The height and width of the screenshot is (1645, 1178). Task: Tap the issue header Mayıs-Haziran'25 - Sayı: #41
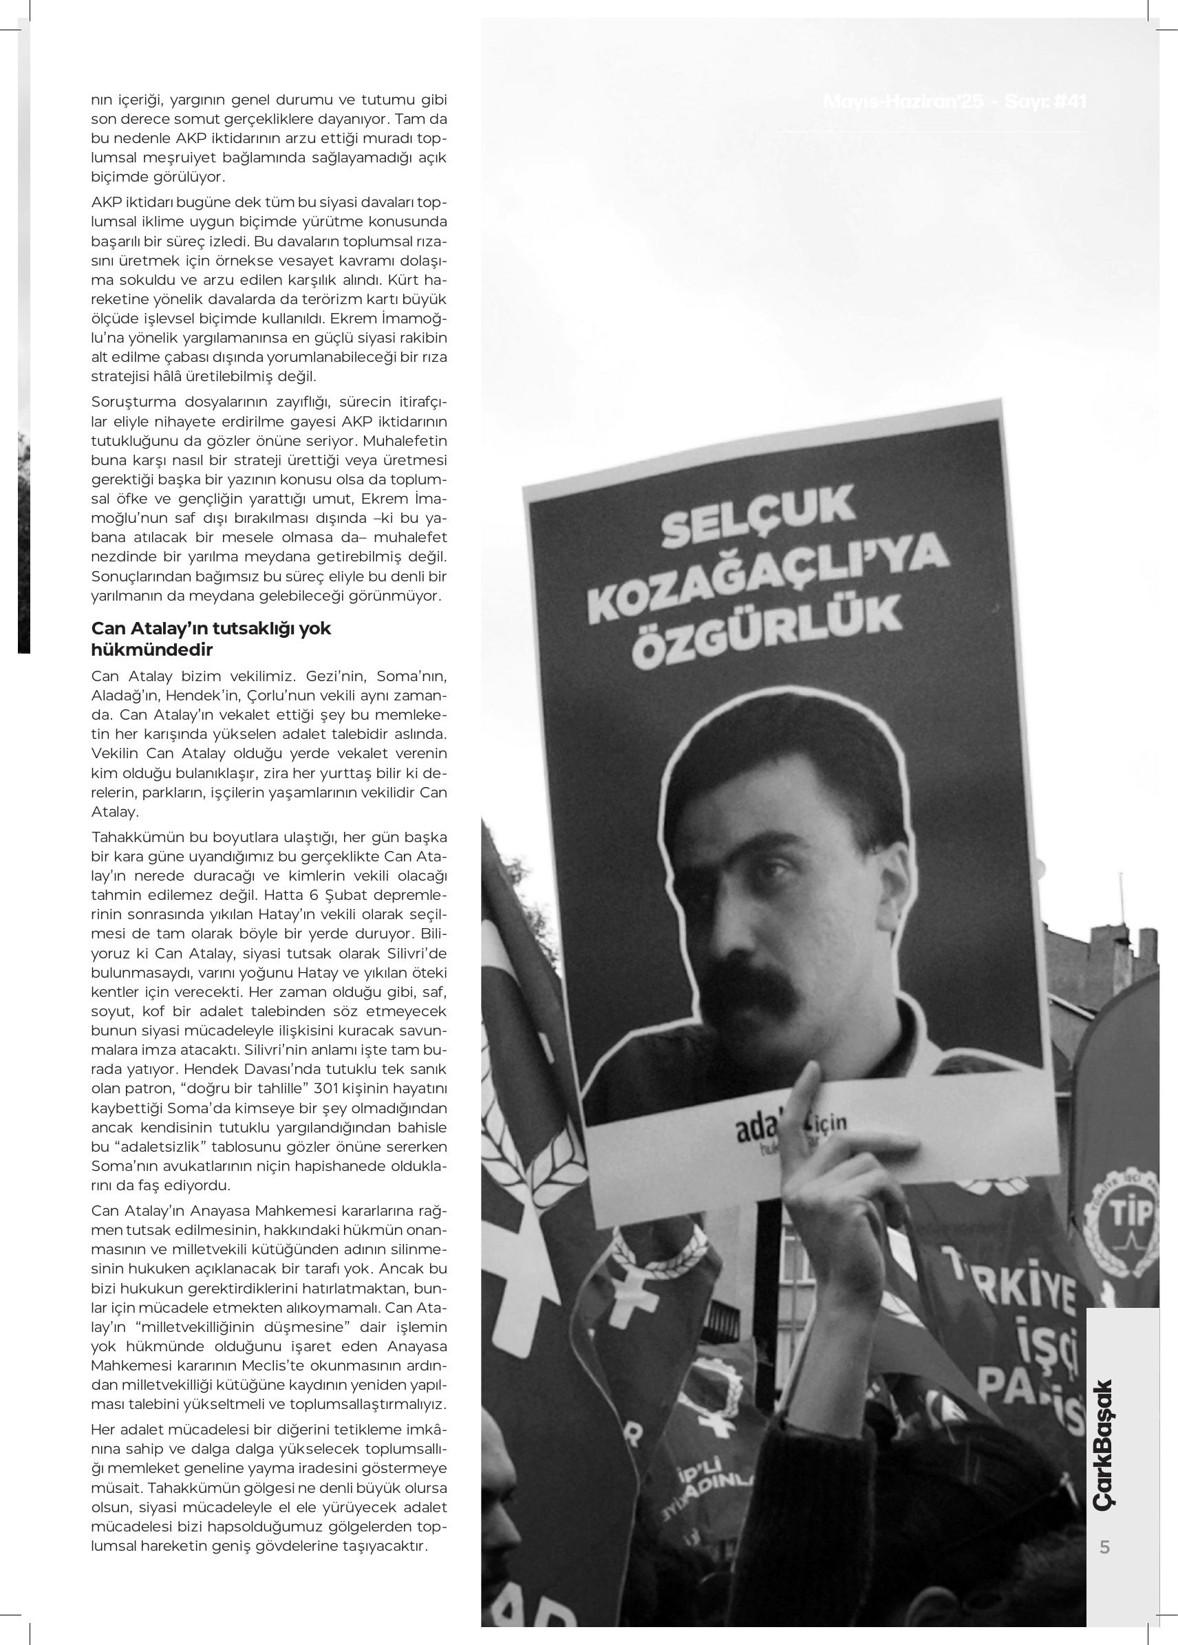click(954, 102)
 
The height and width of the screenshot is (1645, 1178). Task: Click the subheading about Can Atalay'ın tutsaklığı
click(211, 638)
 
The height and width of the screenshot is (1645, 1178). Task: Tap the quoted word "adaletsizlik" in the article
click(153, 1147)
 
